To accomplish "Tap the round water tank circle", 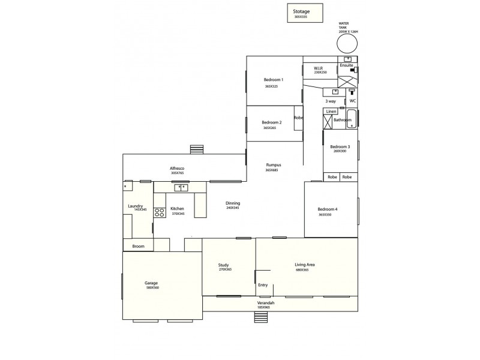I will (x=347, y=44).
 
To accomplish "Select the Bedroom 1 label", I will (x=274, y=80).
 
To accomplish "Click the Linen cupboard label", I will (x=331, y=112).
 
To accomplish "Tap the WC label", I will (x=353, y=101).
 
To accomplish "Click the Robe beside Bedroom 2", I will (x=298, y=118).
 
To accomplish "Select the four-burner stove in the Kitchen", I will (x=160, y=211).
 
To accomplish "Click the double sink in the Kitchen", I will (x=181, y=188).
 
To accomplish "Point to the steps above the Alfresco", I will (x=196, y=149).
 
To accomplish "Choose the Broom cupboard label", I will (x=138, y=246).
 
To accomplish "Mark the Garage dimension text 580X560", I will (x=152, y=288).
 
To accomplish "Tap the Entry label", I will (x=263, y=285).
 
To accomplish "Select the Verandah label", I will (x=266, y=303).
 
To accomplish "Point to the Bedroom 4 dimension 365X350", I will (x=325, y=215).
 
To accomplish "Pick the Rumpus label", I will (x=274, y=165).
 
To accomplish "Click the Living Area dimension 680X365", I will (x=302, y=270).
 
